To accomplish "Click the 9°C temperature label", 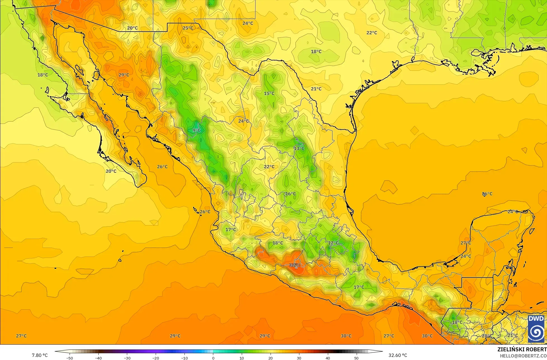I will tap(196, 130).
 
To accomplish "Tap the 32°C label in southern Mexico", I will tap(295, 265).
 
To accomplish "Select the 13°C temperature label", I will tap(299, 148).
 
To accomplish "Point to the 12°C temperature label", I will tap(333, 243).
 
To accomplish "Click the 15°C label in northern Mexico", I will tap(269, 93).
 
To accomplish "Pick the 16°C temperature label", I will tap(290, 194).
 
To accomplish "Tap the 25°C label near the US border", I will tap(188, 28).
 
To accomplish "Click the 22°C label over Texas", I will tap(371, 33).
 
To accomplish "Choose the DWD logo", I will tap(536, 329).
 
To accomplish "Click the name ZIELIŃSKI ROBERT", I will tap(522, 349).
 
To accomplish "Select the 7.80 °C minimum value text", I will tap(40, 355).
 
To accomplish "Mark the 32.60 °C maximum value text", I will tap(398, 355).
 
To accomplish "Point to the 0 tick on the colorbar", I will tap(213, 358).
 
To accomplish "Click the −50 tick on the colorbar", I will tap(70, 358).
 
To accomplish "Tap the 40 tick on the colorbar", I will tap(328, 358).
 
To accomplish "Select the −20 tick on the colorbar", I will tap(156, 358).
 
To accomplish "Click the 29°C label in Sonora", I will tap(124, 75).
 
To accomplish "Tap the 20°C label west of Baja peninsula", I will tap(111, 171).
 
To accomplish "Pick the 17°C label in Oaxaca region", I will tap(359, 287).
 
